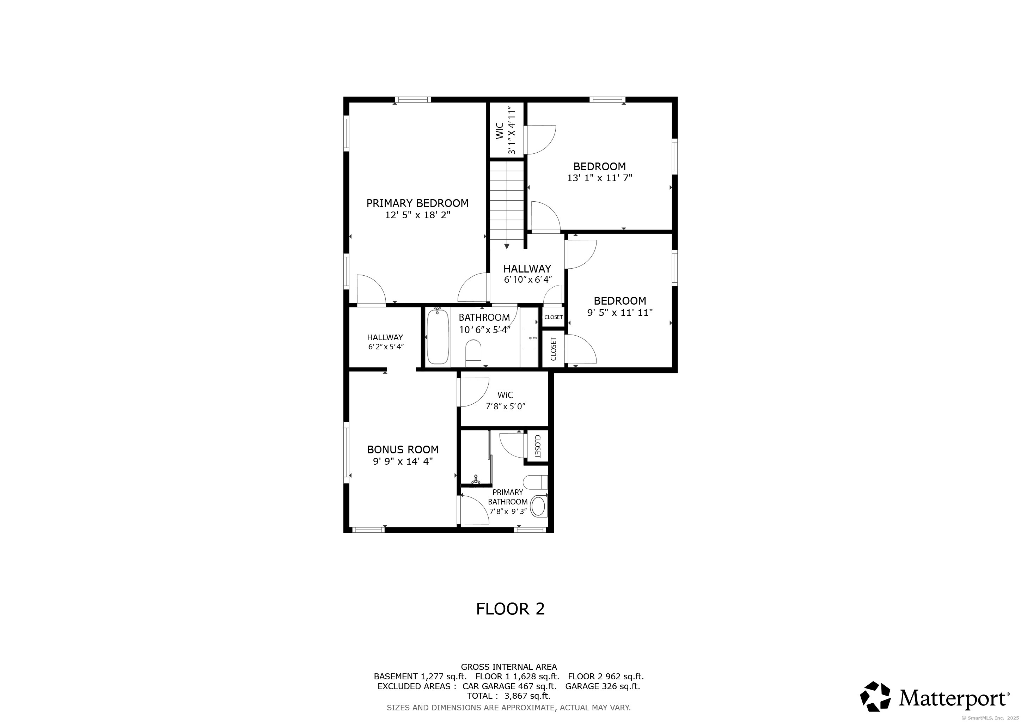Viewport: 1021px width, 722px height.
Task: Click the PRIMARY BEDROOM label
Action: coord(417,203)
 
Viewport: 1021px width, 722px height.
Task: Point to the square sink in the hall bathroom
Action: coord(529,338)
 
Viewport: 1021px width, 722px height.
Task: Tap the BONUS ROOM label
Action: coord(402,449)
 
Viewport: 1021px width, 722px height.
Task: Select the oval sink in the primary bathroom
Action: coord(539,506)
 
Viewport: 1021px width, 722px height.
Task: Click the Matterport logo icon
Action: coord(875,697)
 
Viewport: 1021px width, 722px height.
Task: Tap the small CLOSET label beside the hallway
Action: coord(553,317)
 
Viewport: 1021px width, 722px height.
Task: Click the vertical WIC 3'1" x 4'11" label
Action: coord(506,130)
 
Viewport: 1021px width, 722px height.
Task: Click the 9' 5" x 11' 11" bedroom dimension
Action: coord(619,313)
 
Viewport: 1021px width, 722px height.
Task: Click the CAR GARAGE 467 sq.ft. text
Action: coord(509,686)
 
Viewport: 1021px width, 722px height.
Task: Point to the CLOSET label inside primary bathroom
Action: coord(537,446)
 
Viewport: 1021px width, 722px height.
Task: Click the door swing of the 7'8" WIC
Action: coord(475,391)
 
